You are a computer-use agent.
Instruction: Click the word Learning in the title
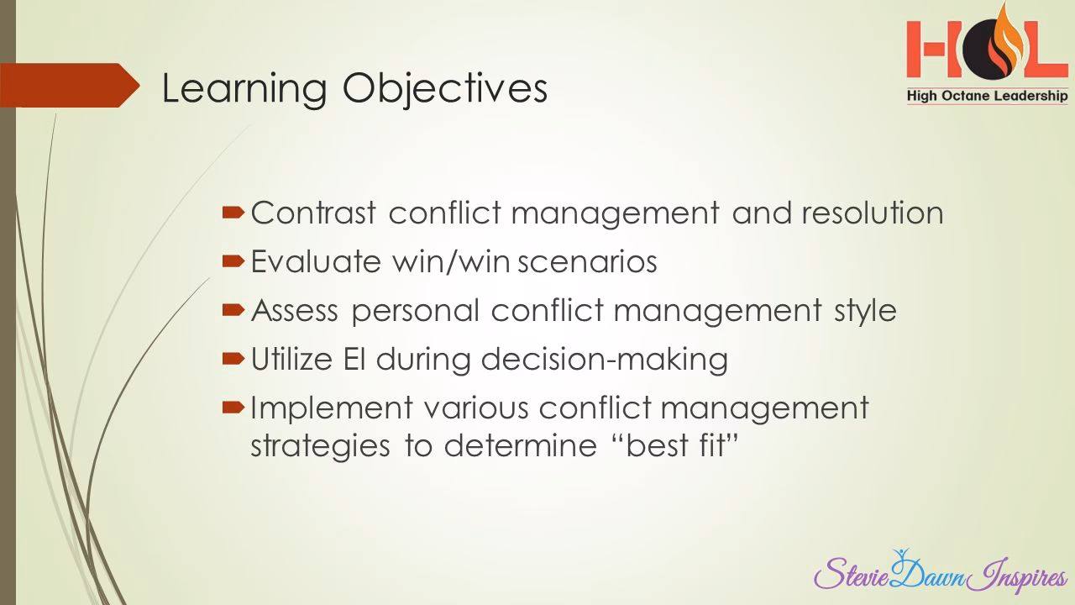(228, 90)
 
